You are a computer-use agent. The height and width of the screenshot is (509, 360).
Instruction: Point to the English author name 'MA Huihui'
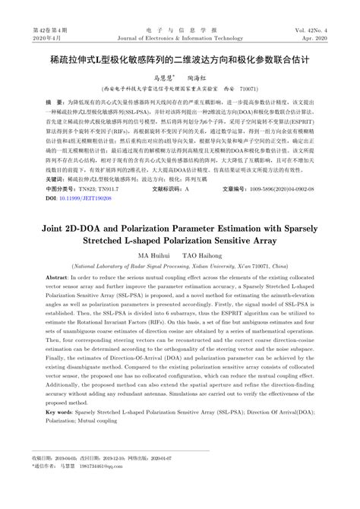tap(153, 255)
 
